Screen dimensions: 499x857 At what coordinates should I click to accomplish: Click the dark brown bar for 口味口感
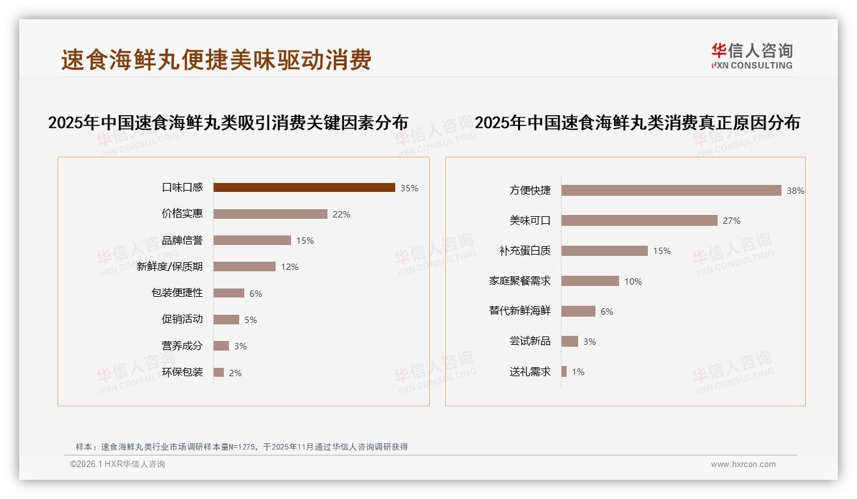pyautogui.click(x=304, y=187)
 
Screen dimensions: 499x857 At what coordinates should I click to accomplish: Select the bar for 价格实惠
pyautogui.click(x=270, y=214)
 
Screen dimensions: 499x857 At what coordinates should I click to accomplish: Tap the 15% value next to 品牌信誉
pyautogui.click(x=304, y=241)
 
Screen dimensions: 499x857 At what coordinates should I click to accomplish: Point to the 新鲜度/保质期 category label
pyautogui.click(x=169, y=267)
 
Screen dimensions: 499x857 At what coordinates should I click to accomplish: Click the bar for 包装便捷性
pyautogui.click(x=228, y=293)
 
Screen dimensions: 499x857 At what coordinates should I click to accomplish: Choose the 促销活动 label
pyautogui.click(x=182, y=319)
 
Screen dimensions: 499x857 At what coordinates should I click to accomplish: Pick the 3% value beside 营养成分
pyautogui.click(x=240, y=346)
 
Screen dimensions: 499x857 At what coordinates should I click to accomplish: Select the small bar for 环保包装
pyautogui.click(x=219, y=372)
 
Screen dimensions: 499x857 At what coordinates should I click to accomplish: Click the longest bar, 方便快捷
pyautogui.click(x=671, y=190)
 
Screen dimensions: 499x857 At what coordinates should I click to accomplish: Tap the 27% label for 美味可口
pyautogui.click(x=731, y=221)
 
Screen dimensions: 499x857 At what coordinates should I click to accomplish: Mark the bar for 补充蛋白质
pyautogui.click(x=604, y=251)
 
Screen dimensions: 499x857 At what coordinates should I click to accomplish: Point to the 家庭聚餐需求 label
pyautogui.click(x=519, y=281)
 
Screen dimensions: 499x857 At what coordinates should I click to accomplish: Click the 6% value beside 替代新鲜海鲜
pyautogui.click(x=606, y=312)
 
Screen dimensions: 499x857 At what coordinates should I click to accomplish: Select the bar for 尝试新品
pyautogui.click(x=569, y=342)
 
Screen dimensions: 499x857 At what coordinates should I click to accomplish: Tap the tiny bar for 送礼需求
pyautogui.click(x=564, y=372)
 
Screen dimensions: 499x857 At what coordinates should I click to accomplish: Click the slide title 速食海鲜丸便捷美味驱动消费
pyautogui.click(x=216, y=60)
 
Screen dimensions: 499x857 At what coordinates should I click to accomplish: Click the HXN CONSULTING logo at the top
pyautogui.click(x=751, y=56)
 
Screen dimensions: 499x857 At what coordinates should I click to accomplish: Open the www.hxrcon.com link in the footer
pyautogui.click(x=743, y=464)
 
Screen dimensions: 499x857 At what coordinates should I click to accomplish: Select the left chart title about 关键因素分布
pyautogui.click(x=228, y=123)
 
